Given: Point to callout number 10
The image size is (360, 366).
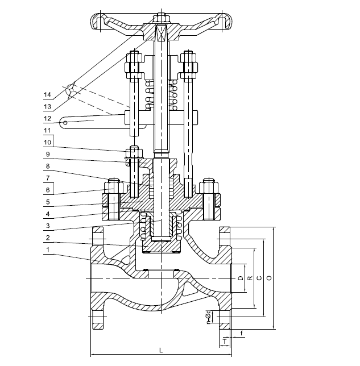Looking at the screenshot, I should [47, 142].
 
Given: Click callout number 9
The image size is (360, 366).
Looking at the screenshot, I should [47, 153].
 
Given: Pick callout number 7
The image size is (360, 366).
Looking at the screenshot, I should [47, 178].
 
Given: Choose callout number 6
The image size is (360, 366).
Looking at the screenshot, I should [47, 190].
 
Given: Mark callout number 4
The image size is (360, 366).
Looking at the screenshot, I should [47, 214].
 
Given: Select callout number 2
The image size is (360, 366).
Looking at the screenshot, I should [47, 238].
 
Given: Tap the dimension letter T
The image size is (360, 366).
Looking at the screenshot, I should [226, 340].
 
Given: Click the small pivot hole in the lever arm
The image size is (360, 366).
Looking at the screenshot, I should [65, 121].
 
